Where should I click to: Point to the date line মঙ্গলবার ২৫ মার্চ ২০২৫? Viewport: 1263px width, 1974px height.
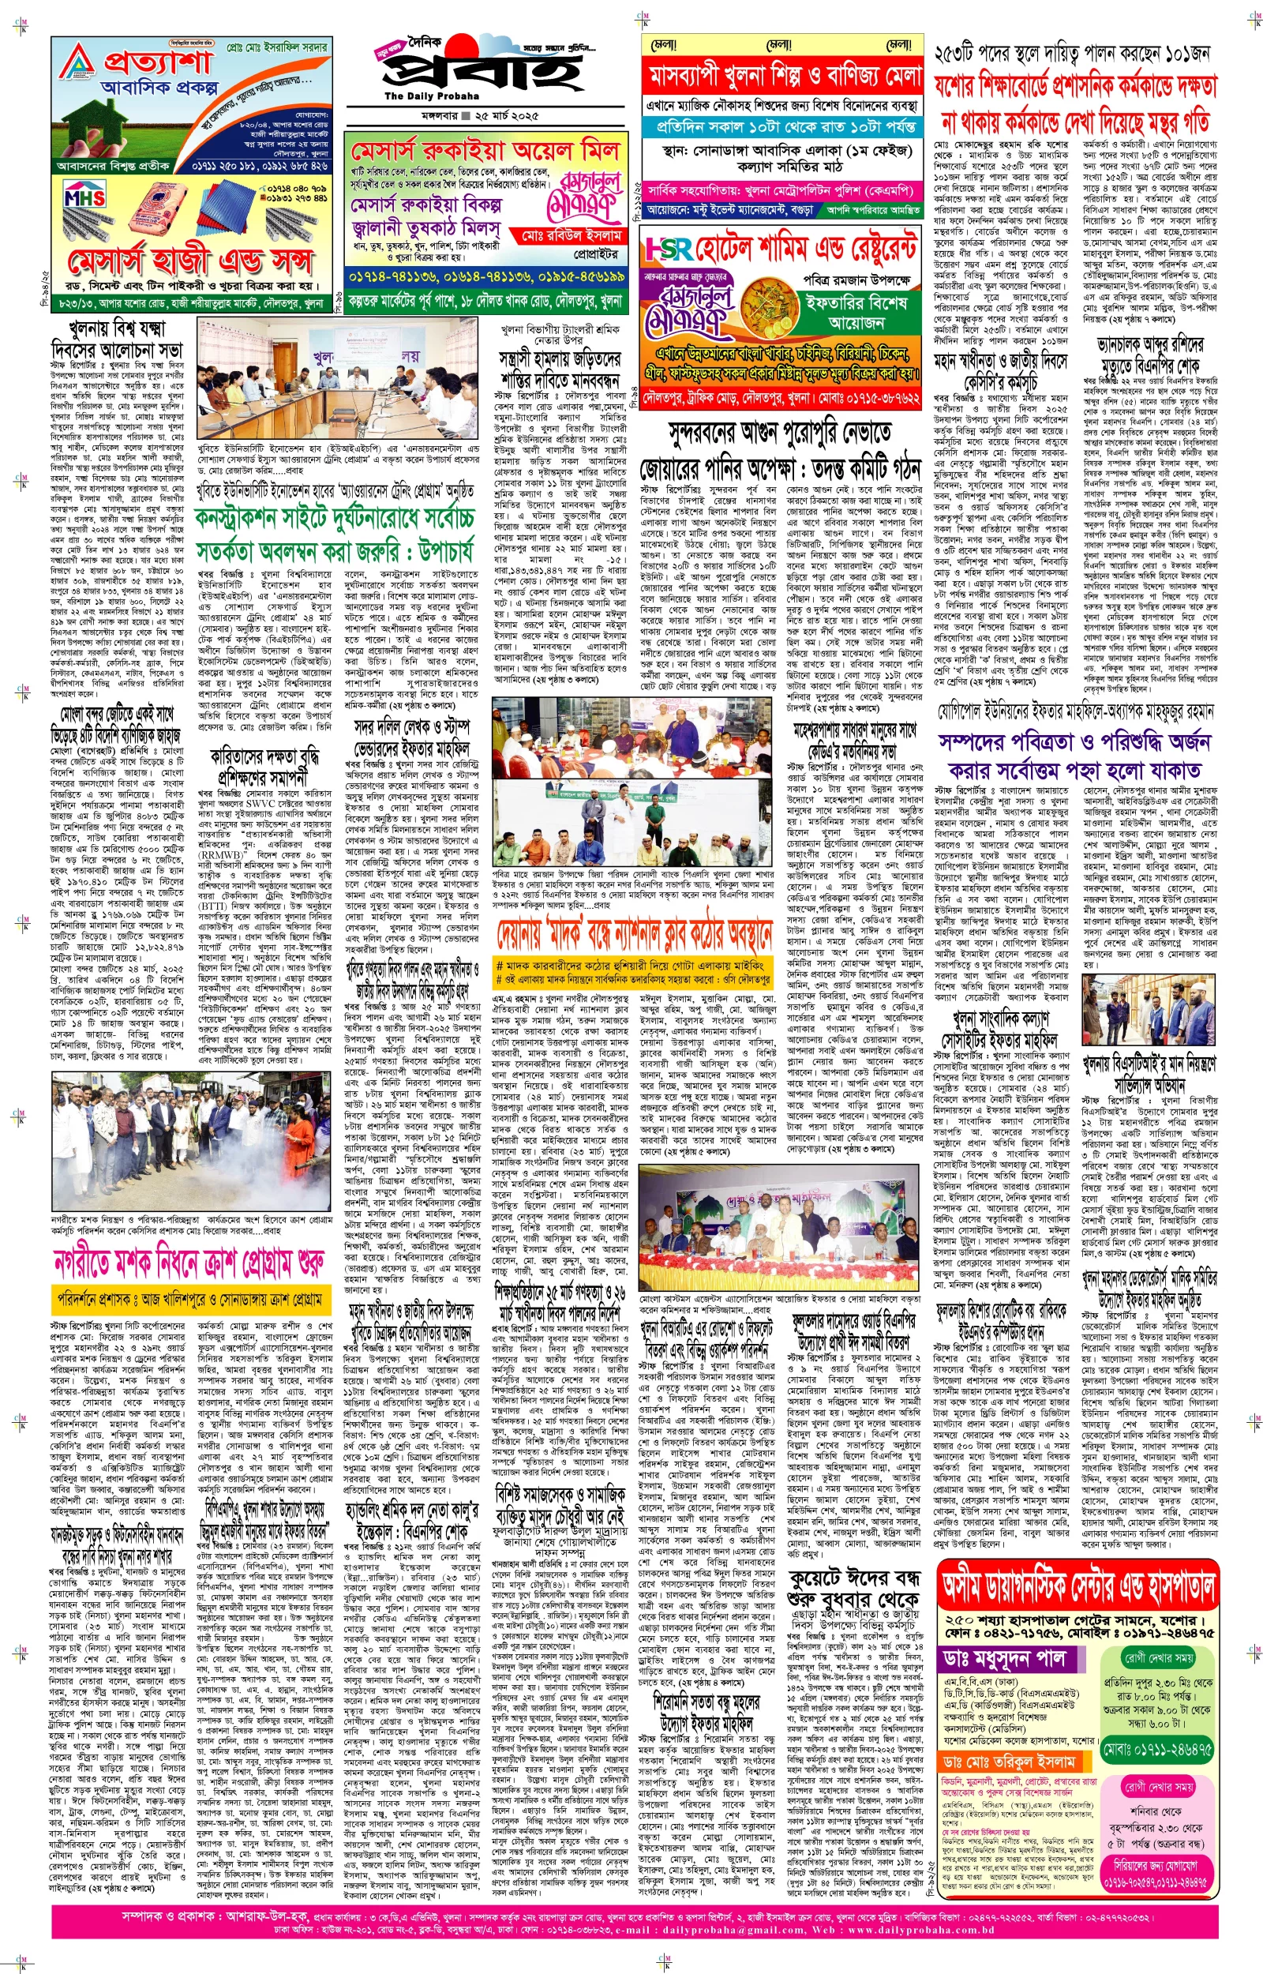pos(470,114)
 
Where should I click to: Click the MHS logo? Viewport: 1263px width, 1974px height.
pos(84,197)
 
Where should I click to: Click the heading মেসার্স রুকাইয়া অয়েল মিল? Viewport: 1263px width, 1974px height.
pos(485,152)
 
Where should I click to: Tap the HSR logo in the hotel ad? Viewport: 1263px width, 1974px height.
pos(669,248)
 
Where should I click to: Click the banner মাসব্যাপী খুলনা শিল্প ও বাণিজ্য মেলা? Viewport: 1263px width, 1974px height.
pos(785,77)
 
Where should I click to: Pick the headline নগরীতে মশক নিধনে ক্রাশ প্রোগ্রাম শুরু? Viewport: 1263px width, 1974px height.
pos(189,1264)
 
